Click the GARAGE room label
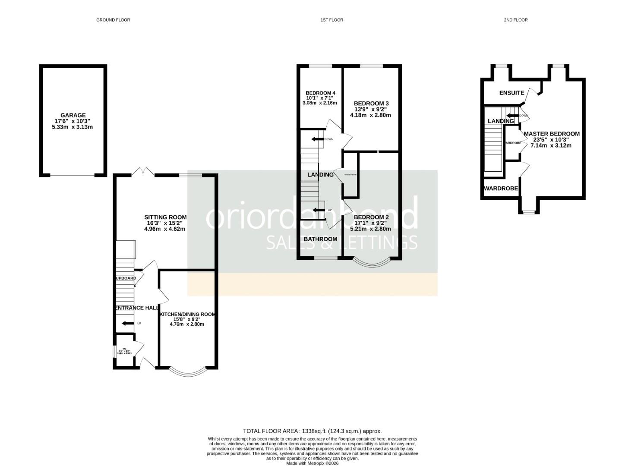pos(73,115)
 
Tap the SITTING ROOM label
pos(165,217)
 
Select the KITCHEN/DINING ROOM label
pos(187,315)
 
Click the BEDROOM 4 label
pos(320,93)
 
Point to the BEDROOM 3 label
pos(371,104)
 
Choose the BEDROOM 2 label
pos(371,217)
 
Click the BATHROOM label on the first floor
pos(320,239)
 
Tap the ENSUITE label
pos(511,93)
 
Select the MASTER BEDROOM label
pos(551,134)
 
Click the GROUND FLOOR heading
pos(113,20)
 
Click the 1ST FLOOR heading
pos(332,20)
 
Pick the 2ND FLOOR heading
pos(516,20)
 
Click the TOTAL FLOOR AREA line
pos(312,431)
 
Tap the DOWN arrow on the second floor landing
pos(513,115)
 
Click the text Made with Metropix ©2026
pos(312,463)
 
